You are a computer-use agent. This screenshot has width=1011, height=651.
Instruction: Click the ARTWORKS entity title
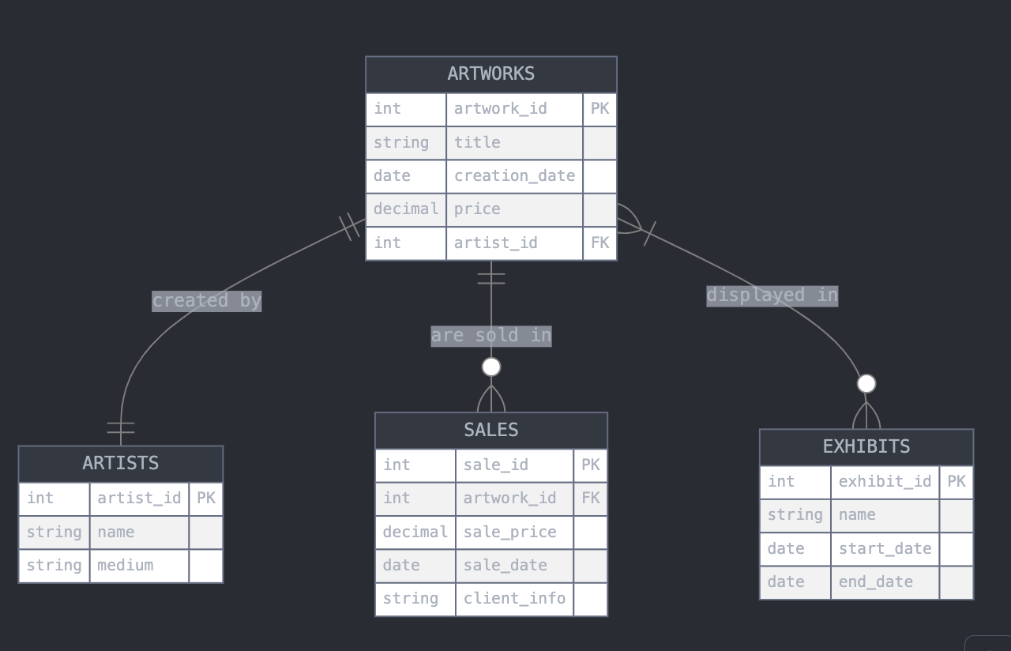tap(490, 73)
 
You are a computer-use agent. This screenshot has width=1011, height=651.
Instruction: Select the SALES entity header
tap(490, 430)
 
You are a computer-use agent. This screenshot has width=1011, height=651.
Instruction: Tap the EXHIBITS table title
tap(866, 446)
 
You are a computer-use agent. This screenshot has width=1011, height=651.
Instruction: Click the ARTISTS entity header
tap(120, 463)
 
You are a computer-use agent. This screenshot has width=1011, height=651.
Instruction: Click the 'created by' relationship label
tap(206, 301)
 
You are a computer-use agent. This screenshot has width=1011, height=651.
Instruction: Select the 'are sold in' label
tap(490, 336)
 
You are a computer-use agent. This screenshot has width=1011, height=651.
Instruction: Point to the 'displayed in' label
tap(772, 295)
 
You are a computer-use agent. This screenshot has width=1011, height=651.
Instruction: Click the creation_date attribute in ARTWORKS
tap(514, 175)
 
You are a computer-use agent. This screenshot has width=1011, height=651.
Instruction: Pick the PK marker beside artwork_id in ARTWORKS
tap(599, 108)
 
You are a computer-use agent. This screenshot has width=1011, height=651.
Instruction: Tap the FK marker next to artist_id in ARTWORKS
tap(599, 243)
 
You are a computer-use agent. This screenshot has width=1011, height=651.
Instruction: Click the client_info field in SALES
tap(514, 599)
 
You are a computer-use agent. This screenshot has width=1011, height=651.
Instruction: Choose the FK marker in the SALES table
tap(590, 499)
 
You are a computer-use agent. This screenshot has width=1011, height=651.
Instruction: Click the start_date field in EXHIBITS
tap(885, 548)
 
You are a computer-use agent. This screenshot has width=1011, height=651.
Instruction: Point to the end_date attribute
tap(875, 582)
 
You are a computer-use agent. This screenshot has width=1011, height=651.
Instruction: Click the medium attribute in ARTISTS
tap(125, 566)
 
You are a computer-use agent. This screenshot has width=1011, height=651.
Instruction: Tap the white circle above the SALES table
tap(491, 367)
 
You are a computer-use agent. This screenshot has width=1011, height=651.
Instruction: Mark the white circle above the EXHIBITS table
tap(866, 383)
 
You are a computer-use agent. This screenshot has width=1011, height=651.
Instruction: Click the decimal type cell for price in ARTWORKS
tap(405, 209)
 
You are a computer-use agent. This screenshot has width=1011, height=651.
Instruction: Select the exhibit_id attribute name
tap(885, 481)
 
